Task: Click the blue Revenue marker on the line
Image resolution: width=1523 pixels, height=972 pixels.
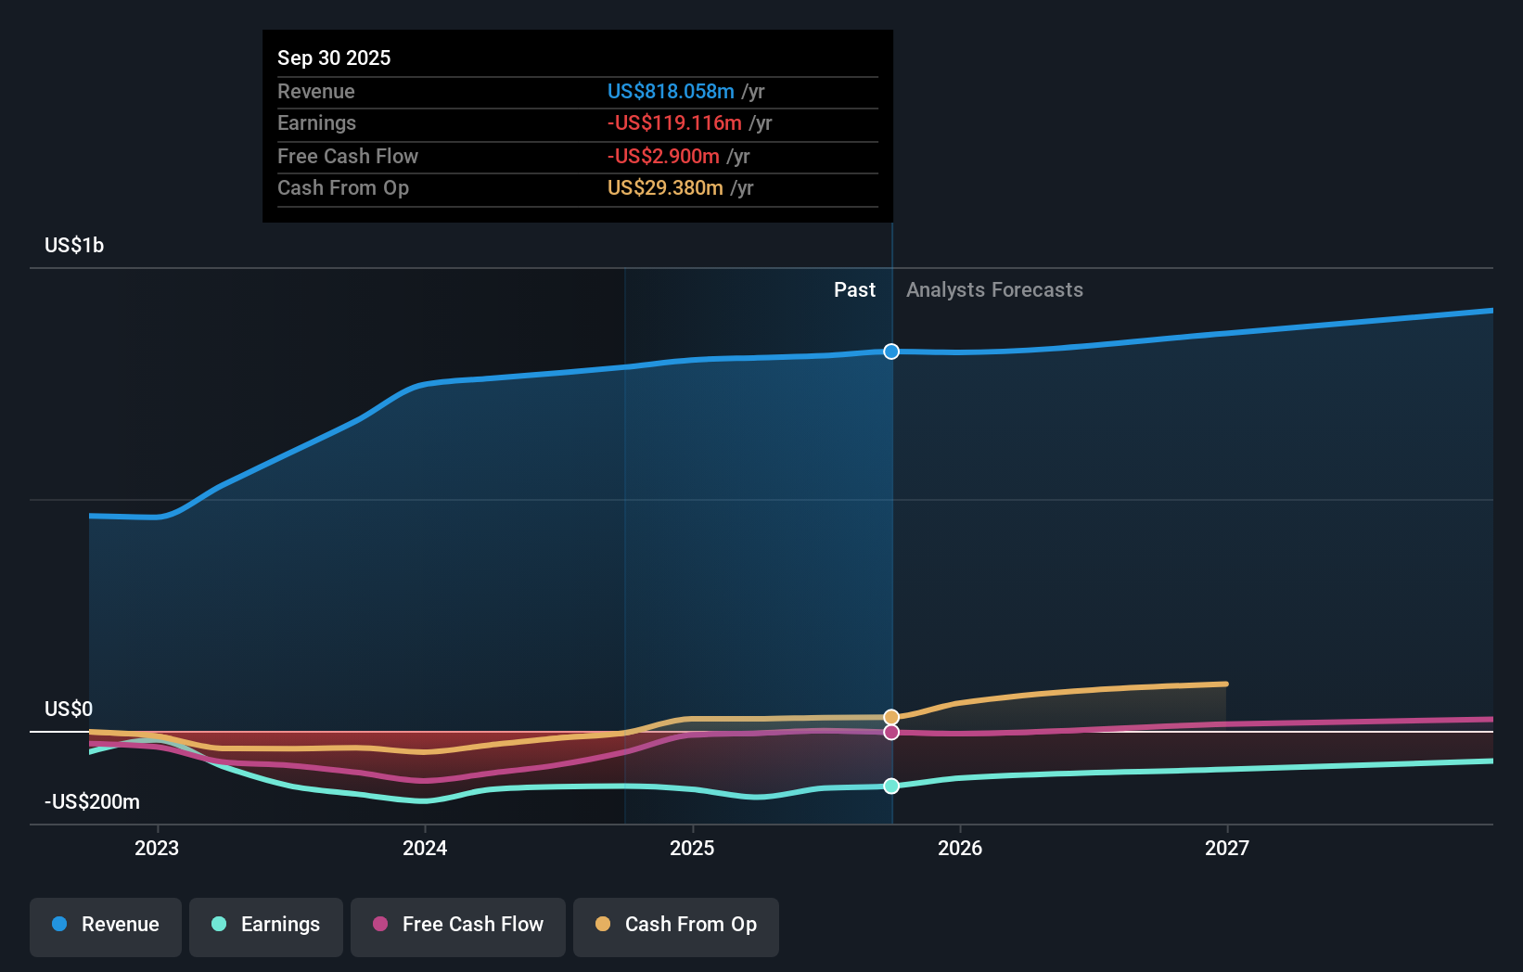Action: click(x=891, y=352)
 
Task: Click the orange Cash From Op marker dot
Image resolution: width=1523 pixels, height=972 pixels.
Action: click(x=891, y=717)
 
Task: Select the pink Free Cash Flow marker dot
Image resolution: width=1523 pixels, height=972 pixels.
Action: click(x=891, y=733)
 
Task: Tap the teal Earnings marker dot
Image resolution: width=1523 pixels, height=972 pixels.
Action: click(x=891, y=786)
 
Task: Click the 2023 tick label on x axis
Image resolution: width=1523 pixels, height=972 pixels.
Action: click(x=157, y=848)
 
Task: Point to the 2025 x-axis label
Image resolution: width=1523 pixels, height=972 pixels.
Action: click(x=692, y=848)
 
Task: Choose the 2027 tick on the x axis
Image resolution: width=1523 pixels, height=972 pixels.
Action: click(x=1226, y=848)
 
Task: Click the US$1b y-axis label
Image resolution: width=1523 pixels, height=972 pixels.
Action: click(x=74, y=245)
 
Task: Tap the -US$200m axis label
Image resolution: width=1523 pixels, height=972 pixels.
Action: click(x=92, y=801)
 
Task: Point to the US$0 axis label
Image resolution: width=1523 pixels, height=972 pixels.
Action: click(x=69, y=709)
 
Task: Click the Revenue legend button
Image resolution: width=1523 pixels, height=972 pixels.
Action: click(x=106, y=925)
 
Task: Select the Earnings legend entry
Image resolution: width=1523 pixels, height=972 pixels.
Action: click(x=266, y=925)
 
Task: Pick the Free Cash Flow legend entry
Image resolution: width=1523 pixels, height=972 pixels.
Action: click(x=458, y=925)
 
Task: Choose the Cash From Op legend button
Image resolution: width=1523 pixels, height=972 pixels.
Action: click(x=676, y=925)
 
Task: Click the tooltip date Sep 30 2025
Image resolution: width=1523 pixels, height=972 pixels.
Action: click(x=334, y=58)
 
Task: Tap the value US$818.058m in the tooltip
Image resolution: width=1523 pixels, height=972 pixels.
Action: click(x=671, y=91)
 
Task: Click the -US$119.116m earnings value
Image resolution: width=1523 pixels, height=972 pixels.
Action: click(x=674, y=122)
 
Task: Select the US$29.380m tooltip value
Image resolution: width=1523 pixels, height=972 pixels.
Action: click(x=665, y=187)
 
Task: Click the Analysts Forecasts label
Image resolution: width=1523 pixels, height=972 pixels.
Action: click(x=994, y=290)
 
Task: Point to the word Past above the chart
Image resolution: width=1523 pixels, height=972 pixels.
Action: click(x=854, y=290)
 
